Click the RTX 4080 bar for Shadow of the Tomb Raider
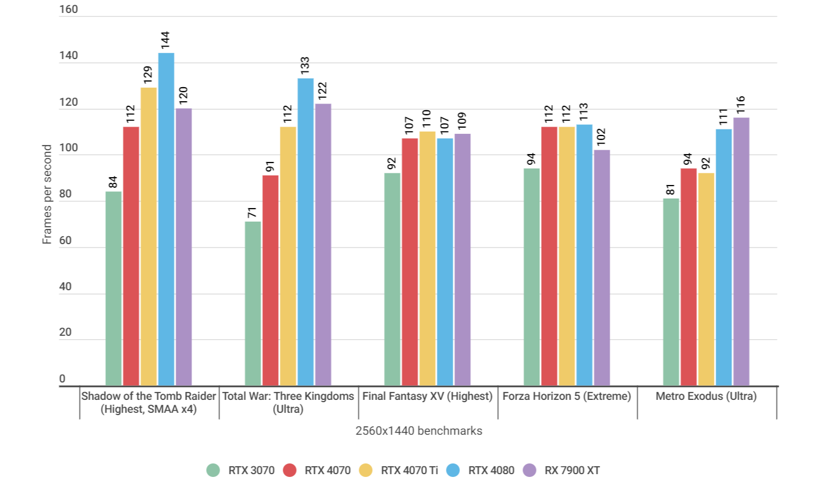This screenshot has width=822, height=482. pyautogui.click(x=166, y=219)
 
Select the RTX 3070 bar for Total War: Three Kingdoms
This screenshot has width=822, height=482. pyautogui.click(x=253, y=304)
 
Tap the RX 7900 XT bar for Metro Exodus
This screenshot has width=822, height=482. pyautogui.click(x=741, y=251)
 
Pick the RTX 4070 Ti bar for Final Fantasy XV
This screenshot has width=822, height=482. pyautogui.click(x=427, y=259)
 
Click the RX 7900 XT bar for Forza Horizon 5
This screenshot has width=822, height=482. pyautogui.click(x=602, y=268)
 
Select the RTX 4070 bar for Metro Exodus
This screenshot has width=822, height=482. pyautogui.click(x=689, y=277)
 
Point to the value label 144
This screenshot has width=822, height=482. pyautogui.click(x=165, y=40)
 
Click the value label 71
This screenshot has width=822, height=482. pyautogui.click(x=252, y=213)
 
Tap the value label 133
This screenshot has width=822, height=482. pyautogui.click(x=305, y=66)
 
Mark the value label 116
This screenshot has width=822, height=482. pyautogui.click(x=741, y=105)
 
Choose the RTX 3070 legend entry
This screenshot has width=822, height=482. pyautogui.click(x=241, y=470)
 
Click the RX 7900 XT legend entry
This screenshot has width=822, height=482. pyautogui.click(x=562, y=470)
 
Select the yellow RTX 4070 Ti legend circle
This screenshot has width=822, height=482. pyautogui.click(x=366, y=470)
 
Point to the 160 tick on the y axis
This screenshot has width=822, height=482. pyautogui.click(x=69, y=10)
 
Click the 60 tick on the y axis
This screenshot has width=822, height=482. pyautogui.click(x=65, y=241)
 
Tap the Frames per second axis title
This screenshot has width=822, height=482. pyautogui.click(x=47, y=194)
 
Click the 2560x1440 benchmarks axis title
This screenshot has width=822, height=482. pyautogui.click(x=419, y=431)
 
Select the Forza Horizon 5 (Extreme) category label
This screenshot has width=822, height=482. pyautogui.click(x=567, y=397)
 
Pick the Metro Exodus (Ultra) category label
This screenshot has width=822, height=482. pyautogui.click(x=706, y=397)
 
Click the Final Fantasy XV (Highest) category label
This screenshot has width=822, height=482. pyautogui.click(x=427, y=397)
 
